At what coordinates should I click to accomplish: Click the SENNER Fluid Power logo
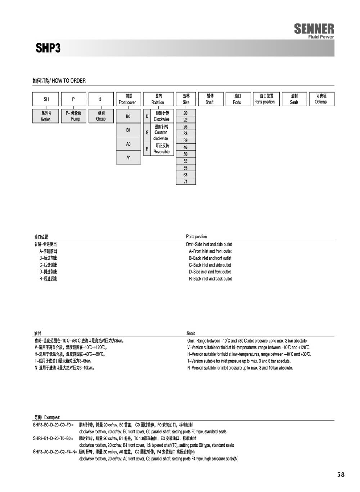pos(314,31)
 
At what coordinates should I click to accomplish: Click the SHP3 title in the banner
pos(48,48)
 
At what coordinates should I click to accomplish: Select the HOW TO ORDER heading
pos(59,81)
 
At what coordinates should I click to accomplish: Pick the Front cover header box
pos(128,99)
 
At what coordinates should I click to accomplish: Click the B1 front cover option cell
pos(128,130)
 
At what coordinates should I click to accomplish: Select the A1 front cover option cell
pos(128,157)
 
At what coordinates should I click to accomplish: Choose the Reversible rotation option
pos(161,149)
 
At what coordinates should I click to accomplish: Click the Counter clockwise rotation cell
pos(161,133)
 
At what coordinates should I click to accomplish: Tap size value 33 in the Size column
pos(185,134)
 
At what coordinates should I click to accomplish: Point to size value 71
pos(185,182)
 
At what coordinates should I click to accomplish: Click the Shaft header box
pos(210,99)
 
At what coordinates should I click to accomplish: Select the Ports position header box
pos(266,99)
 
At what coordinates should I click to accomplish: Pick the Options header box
pos(321,99)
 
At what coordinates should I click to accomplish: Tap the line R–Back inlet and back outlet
pos(211,279)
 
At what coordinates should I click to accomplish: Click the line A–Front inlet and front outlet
pos(210,251)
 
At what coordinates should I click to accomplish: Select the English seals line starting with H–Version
pos(249,354)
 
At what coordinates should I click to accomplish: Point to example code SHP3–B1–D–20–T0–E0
pos(53,438)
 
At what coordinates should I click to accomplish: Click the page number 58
pos(341,474)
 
